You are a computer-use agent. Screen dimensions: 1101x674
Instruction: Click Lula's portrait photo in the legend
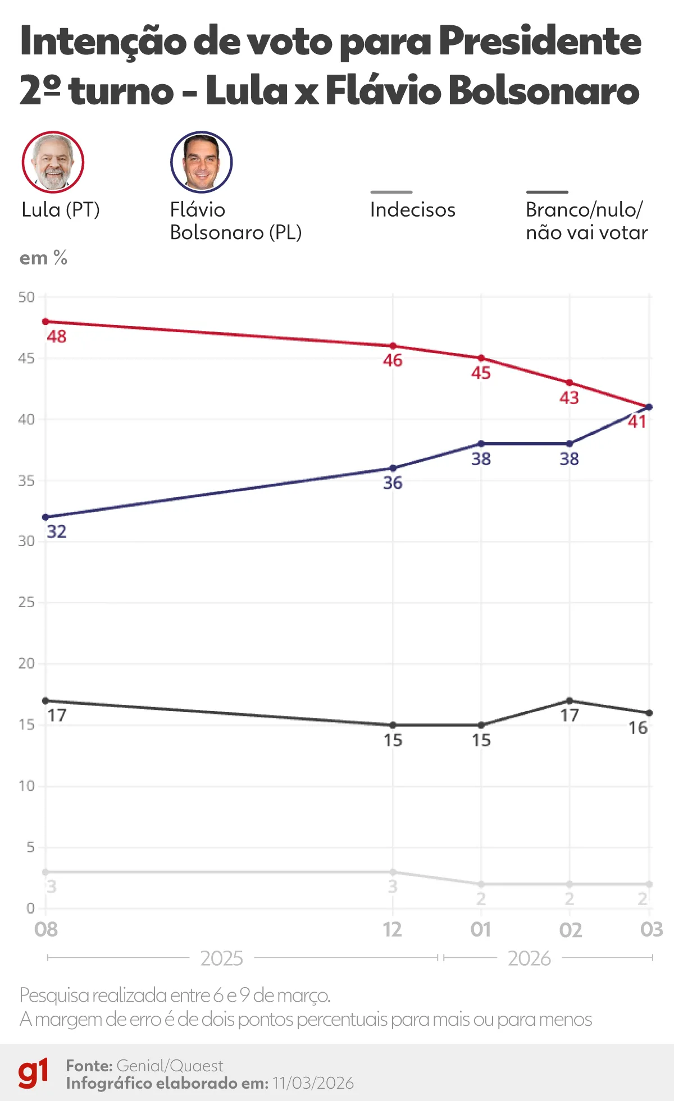point(53,162)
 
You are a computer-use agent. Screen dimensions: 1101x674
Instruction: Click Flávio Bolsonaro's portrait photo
point(201,162)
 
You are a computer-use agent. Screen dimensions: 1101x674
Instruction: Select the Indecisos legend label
point(412,210)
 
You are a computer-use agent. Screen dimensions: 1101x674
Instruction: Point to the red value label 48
point(56,337)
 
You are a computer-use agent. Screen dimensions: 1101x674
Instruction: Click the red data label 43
point(569,398)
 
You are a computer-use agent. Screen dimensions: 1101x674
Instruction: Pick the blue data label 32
point(56,531)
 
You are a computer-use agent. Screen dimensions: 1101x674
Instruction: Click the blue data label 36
point(393,483)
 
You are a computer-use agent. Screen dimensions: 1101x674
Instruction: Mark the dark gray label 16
point(637,728)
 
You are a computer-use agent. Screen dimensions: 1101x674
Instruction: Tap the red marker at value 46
point(393,346)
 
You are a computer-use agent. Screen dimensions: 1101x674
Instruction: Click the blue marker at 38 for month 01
point(481,444)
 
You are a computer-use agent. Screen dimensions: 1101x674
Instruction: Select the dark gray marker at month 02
point(570,701)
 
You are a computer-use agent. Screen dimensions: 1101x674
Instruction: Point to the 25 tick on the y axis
point(26,602)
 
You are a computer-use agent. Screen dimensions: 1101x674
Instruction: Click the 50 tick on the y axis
point(26,297)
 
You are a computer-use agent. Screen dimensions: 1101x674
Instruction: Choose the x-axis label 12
point(392,930)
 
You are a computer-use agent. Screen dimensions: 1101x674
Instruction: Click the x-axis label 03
point(651,930)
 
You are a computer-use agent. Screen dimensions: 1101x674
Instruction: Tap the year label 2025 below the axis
point(221,958)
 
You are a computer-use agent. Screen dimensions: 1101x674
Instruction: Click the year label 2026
point(529,958)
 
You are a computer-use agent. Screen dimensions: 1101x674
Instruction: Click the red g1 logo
point(33,1074)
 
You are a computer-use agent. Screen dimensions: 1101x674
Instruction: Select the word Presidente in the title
point(539,42)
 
